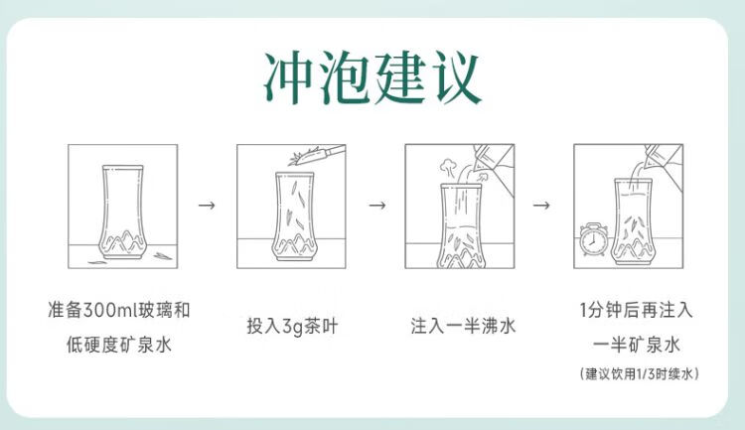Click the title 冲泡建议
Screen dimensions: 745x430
tap(372, 78)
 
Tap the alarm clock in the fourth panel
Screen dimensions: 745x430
tap(593, 239)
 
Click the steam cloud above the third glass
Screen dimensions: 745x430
tap(448, 167)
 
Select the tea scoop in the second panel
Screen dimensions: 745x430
tap(317, 154)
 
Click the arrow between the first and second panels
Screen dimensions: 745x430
tap(207, 206)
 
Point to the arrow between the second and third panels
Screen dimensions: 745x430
tap(377, 206)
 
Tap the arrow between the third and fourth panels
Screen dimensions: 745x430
tap(541, 206)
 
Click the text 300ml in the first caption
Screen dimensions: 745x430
tap(109, 310)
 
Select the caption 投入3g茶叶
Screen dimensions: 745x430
tap(292, 327)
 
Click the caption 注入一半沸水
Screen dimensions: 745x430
tap(463, 327)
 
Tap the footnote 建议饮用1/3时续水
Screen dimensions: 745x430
tap(639, 373)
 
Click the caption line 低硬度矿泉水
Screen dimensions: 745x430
tap(119, 345)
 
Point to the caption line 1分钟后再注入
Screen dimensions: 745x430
tap(636, 310)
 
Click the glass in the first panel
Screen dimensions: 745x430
tap(122, 212)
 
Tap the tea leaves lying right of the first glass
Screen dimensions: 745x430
tap(163, 256)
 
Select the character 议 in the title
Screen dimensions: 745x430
tap(455, 78)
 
